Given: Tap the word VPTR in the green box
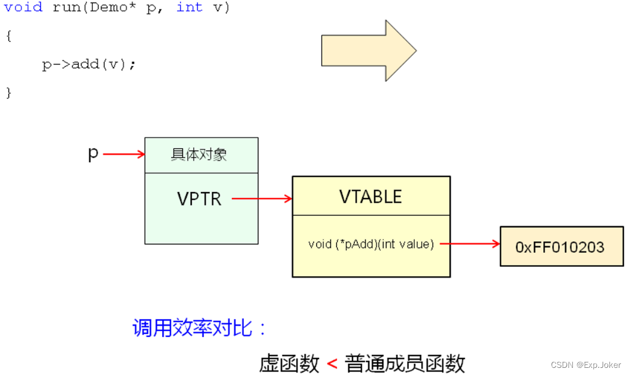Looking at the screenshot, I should [x=199, y=198].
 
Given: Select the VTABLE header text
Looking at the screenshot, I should [x=371, y=197].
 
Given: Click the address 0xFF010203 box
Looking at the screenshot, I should [x=561, y=246].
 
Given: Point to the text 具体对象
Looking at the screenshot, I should [x=199, y=155].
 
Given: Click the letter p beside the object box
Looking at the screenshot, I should [x=93, y=154].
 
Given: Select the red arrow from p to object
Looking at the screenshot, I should [x=124, y=155].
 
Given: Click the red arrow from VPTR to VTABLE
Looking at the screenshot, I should [x=262, y=198].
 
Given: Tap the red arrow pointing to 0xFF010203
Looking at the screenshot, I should [x=470, y=244].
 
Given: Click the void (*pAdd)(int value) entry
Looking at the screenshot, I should [x=371, y=244].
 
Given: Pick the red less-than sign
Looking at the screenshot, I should [x=332, y=364].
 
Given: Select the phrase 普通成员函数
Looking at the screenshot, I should [x=405, y=364].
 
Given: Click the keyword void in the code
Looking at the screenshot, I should [x=23, y=8].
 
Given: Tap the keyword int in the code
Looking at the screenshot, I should [x=189, y=8].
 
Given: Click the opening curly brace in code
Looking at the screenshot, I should [x=8, y=36].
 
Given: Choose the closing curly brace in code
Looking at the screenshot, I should [x=8, y=93].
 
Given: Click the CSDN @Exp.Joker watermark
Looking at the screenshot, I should [x=585, y=365].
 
